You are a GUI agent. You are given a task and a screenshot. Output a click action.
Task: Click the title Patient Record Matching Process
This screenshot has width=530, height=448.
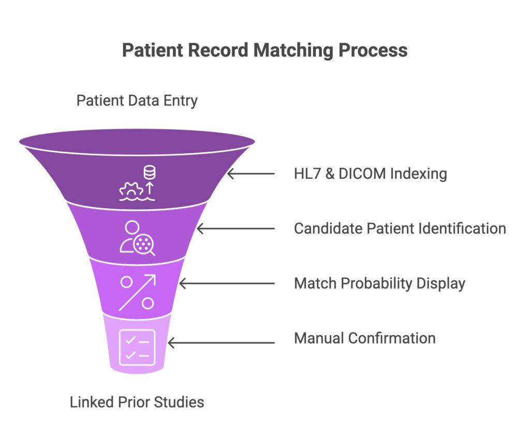(x=264, y=51)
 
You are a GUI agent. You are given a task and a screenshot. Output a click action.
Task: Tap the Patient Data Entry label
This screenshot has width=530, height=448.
(x=137, y=100)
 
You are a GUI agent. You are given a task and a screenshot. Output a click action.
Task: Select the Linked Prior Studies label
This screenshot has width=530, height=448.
(x=137, y=402)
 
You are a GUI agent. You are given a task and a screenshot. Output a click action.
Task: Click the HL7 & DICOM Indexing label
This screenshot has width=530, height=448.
(x=370, y=173)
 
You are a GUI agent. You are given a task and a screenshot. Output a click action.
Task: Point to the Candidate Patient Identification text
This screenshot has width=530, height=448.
(x=400, y=228)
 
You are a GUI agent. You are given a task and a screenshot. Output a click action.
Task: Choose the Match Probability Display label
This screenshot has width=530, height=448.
(x=379, y=283)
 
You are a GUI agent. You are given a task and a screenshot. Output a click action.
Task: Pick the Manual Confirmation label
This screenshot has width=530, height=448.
(x=364, y=338)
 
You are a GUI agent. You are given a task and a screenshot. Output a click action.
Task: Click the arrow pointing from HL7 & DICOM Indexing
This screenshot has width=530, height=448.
(x=251, y=174)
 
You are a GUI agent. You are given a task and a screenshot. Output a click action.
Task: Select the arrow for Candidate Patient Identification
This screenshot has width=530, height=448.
(x=235, y=228)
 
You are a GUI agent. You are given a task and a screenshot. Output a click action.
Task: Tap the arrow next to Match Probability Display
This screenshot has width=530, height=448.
(x=227, y=283)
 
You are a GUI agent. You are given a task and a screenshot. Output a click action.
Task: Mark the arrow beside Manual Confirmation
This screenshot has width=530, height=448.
(x=221, y=342)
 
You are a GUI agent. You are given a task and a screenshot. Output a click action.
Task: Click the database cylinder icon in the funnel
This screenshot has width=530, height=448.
(x=150, y=172)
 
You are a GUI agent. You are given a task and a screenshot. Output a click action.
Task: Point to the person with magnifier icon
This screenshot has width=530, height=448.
(x=137, y=238)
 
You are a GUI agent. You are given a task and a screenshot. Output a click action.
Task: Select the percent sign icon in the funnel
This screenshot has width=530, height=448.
(x=137, y=293)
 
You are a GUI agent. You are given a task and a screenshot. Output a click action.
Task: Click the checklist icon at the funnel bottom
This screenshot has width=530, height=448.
(x=137, y=348)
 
